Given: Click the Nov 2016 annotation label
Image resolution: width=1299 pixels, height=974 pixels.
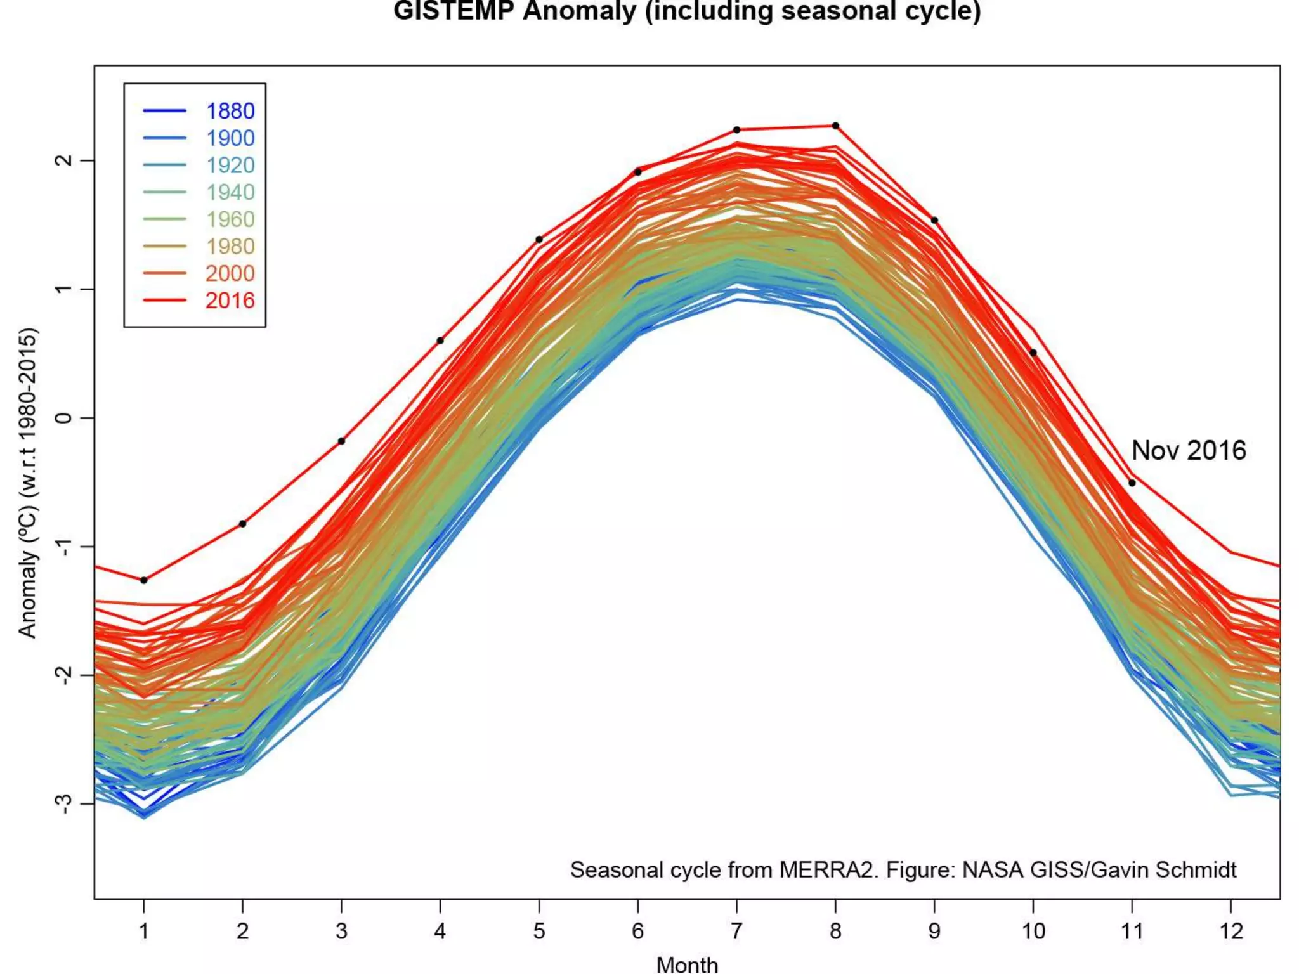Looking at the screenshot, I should coord(1189,451).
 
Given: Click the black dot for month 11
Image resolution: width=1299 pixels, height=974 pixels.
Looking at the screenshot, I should coord(1132,483).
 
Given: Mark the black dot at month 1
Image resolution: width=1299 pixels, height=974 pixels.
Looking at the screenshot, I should coord(144,580).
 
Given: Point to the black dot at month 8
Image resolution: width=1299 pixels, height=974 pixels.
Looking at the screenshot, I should coord(835,126).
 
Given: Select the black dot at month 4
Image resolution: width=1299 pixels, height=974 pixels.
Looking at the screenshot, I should coord(440,341).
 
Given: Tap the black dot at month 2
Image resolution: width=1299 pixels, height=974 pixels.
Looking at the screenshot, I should coord(243,524).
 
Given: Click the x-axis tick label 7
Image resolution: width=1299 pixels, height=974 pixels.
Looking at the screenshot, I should coord(736,931).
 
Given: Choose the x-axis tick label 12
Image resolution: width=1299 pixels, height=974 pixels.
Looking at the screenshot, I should coord(1230,931).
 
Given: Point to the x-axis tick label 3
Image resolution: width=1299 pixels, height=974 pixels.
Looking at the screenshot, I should coord(341,931).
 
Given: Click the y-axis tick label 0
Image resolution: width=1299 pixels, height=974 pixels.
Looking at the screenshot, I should coord(64,418).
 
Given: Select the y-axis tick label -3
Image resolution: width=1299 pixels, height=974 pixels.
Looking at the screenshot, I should coord(64,803).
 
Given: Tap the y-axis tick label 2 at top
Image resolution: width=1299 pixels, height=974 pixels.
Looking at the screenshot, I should coord(64,160).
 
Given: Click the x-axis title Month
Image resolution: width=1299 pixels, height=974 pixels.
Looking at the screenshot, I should coord(687,964).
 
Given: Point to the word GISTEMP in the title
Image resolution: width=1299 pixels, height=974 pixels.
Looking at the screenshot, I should coord(453,11).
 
